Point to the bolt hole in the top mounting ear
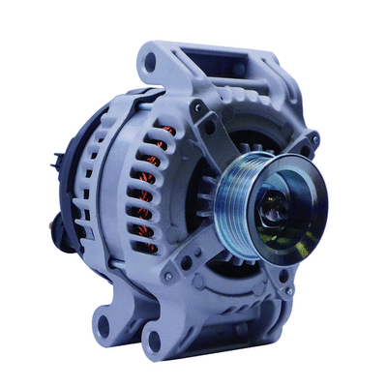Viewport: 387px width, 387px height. (149, 64)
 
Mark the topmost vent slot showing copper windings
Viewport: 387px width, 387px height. (164, 131)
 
